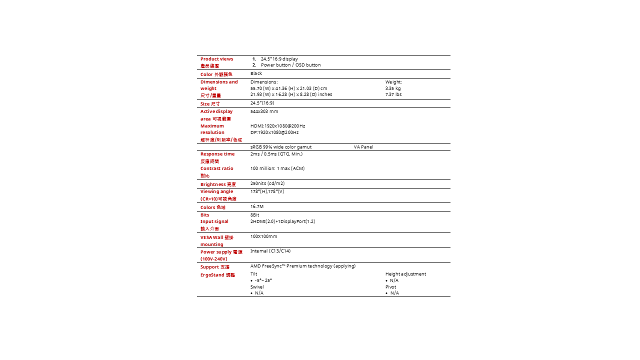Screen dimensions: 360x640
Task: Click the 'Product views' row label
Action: tap(216, 59)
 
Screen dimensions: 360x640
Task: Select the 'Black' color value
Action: tap(256, 73)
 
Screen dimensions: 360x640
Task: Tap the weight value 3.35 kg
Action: tap(393, 88)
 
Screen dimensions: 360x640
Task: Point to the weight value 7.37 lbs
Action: tap(393, 94)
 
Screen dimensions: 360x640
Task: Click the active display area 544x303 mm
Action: tap(264, 111)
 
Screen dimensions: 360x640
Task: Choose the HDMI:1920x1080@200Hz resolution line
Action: tap(277, 126)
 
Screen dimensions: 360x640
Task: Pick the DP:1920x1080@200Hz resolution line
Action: tap(274, 132)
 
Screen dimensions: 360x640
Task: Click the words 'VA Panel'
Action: tap(363, 147)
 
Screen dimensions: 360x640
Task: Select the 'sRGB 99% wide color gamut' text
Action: tap(281, 147)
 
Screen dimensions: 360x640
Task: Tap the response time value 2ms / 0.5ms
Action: tap(276, 154)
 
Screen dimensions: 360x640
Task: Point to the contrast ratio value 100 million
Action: tap(277, 168)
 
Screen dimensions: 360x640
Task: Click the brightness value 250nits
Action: tap(267, 183)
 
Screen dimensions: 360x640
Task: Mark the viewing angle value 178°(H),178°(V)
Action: tap(267, 191)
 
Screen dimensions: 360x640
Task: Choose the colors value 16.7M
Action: tap(257, 206)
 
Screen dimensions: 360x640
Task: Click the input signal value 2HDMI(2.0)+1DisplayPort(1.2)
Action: tap(282, 221)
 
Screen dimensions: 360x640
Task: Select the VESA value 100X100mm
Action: tap(263, 236)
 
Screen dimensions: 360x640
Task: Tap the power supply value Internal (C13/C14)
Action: tap(270, 251)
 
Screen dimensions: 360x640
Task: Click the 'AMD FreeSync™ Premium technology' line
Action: tap(303, 266)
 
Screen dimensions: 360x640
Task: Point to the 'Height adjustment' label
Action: tap(405, 274)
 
